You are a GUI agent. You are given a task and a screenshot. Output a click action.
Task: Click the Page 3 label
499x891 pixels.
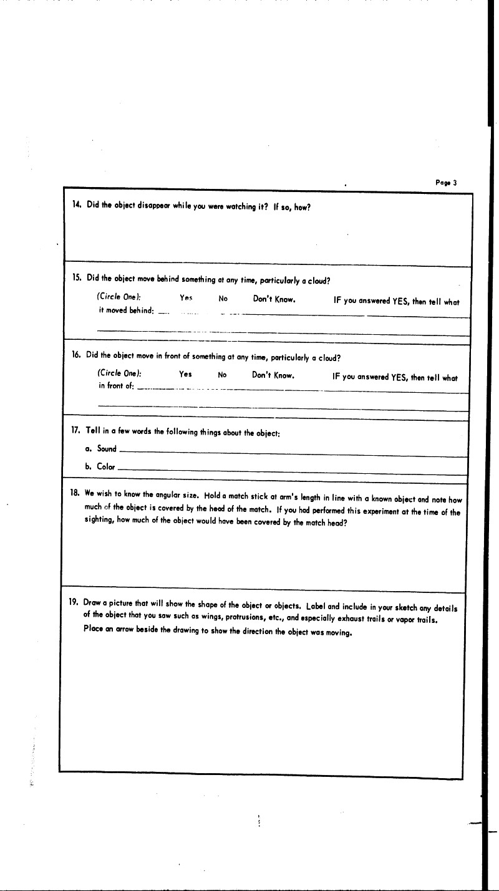(x=446, y=183)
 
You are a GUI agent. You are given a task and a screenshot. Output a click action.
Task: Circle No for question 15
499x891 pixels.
(x=223, y=299)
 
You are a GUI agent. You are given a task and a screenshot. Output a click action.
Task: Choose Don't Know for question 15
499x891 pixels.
(x=274, y=299)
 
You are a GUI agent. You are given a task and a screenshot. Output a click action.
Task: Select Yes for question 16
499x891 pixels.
(x=185, y=375)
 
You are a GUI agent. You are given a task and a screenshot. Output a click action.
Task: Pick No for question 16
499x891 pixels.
(x=221, y=375)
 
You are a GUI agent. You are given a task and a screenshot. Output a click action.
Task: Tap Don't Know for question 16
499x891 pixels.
(x=273, y=375)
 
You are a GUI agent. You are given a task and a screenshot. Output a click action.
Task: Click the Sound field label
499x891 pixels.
(x=107, y=449)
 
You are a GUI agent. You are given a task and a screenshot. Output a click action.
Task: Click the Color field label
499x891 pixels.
(x=106, y=466)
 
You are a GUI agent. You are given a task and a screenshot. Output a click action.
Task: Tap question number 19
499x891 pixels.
(x=73, y=603)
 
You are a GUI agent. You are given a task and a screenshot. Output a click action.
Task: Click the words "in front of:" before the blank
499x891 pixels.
(x=116, y=386)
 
